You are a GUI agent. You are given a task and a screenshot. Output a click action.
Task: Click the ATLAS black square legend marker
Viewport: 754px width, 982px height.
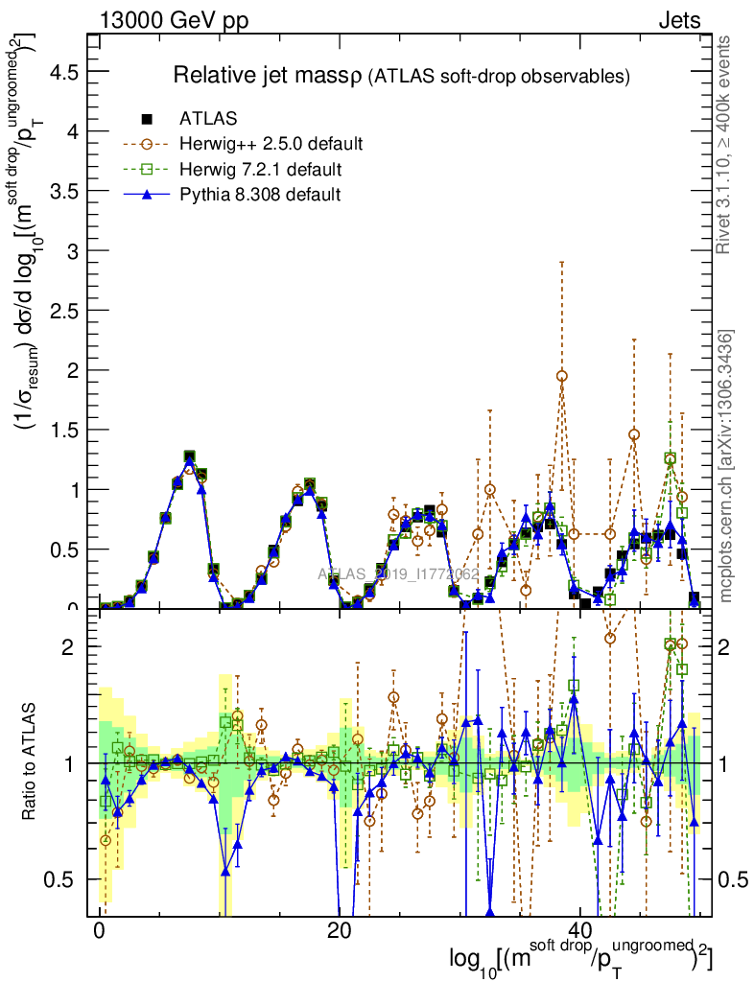[147, 119]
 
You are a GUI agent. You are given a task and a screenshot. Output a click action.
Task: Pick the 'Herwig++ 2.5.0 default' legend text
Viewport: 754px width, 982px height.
[271, 144]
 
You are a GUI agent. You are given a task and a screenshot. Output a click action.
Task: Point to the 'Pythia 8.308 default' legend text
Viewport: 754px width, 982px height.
[260, 195]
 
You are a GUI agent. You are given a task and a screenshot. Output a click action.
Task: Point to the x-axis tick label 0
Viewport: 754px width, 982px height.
[101, 932]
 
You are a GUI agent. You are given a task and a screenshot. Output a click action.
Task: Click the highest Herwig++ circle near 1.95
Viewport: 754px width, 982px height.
[561, 376]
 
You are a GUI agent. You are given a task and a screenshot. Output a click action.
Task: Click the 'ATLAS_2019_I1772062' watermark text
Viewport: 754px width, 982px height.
[398, 574]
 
